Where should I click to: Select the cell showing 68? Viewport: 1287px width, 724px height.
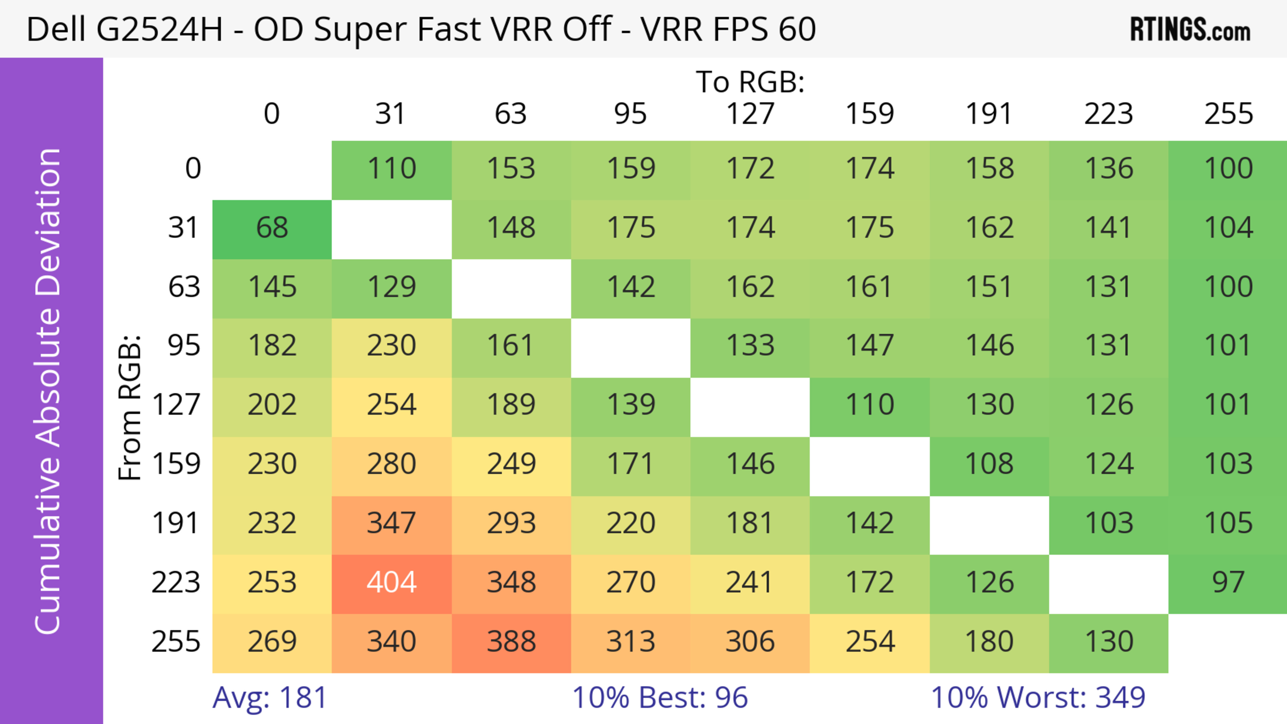[x=272, y=228]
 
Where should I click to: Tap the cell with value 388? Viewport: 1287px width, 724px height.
[x=511, y=642]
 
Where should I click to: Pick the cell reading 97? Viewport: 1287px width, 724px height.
[x=1228, y=583]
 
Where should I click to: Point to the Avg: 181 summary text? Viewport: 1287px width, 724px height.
[x=270, y=698]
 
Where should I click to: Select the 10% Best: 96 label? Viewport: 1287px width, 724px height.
[x=660, y=698]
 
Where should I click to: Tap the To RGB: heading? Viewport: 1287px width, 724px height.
[x=750, y=82]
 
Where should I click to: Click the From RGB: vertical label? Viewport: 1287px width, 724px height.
[x=130, y=407]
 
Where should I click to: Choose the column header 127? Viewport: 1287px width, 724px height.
[x=750, y=114]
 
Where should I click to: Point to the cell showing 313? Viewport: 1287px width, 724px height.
[x=630, y=642]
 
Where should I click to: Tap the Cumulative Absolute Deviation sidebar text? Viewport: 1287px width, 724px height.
[x=49, y=391]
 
